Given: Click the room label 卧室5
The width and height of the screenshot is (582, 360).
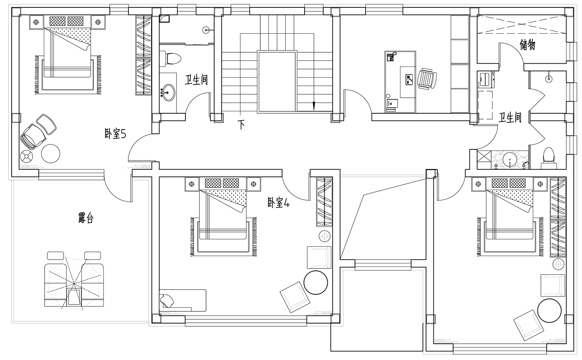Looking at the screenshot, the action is pyautogui.click(x=115, y=134).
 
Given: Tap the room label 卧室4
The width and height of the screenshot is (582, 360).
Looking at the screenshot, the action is pyautogui.click(x=279, y=202).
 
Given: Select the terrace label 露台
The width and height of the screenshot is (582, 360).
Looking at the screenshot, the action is pyautogui.click(x=86, y=218).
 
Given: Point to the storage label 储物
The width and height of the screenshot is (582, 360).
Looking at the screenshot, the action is pyautogui.click(x=527, y=45).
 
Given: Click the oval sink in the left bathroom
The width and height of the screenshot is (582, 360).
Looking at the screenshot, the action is pyautogui.click(x=168, y=92).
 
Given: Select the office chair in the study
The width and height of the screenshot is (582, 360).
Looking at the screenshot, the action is pyautogui.click(x=427, y=79).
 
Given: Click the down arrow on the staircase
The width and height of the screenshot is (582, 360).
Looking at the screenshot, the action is pyautogui.click(x=314, y=106).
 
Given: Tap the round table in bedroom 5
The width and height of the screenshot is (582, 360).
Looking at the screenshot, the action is pyautogui.click(x=51, y=154).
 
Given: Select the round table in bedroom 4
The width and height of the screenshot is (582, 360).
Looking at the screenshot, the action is pyautogui.click(x=316, y=282).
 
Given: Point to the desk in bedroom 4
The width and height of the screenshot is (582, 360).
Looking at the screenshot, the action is pyautogui.click(x=183, y=300).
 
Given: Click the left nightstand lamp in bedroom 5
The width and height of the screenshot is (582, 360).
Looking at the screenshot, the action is pyautogui.click(x=36, y=22).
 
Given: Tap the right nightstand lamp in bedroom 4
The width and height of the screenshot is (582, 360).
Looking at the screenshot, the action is pyautogui.click(x=254, y=184).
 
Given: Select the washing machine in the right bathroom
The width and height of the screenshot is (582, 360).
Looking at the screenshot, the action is pyautogui.click(x=485, y=79).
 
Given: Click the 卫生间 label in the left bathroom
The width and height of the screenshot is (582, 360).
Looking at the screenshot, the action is pyautogui.click(x=196, y=80).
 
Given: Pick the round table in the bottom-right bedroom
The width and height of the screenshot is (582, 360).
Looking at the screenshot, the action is pyautogui.click(x=549, y=311).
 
